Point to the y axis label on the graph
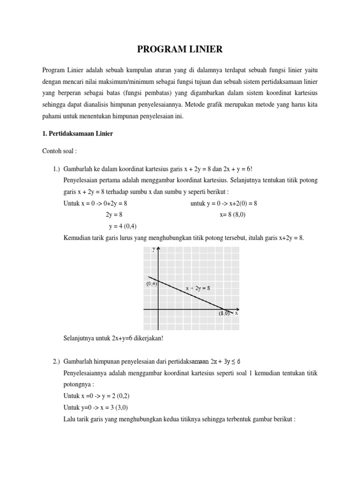[x=154, y=250]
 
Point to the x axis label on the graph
[x=236, y=313]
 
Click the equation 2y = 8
[x=114, y=214]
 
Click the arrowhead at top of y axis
[x=159, y=250]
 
